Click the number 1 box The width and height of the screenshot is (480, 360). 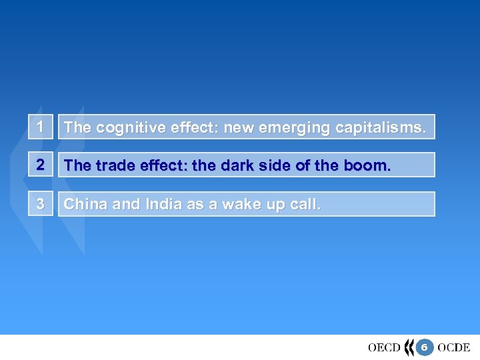(x=40, y=127)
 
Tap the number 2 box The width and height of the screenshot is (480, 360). (x=40, y=165)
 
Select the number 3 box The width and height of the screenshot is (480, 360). (x=40, y=204)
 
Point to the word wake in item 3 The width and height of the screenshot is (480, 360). (x=237, y=204)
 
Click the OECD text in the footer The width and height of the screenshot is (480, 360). (x=384, y=347)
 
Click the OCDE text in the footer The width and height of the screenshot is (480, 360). (x=454, y=347)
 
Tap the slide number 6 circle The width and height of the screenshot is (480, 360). (x=423, y=347)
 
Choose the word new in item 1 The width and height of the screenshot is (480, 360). (x=237, y=127)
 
